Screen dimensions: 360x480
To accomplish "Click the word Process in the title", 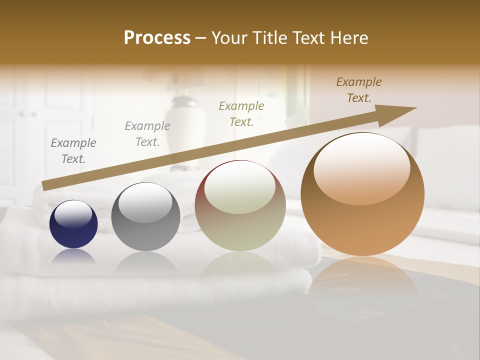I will click(x=157, y=38).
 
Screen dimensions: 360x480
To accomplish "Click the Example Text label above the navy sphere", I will click(x=73, y=151).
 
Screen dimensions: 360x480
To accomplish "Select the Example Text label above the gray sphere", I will click(x=147, y=134).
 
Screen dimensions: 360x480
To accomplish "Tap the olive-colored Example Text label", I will click(x=241, y=113).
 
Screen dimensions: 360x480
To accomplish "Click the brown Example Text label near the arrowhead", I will click(x=359, y=90).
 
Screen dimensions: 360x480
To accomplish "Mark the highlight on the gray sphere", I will click(x=145, y=202).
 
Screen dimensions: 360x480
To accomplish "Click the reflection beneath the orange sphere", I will click(x=362, y=275).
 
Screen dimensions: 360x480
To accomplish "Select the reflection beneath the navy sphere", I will click(x=73, y=256).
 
